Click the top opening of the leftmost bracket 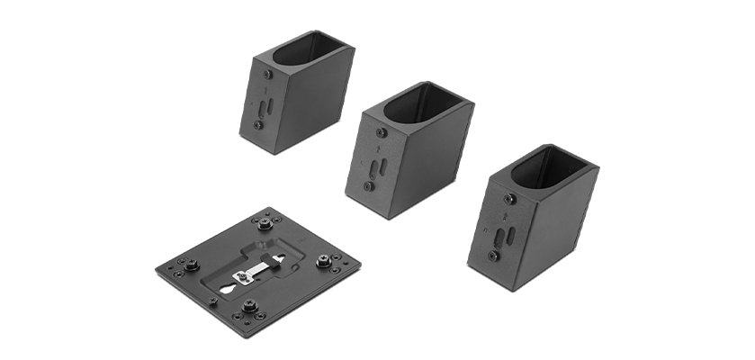tap(307, 49)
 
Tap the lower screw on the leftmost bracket tap(258, 125)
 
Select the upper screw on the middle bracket tap(381, 132)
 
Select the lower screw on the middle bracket tap(369, 186)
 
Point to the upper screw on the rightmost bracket tap(509, 199)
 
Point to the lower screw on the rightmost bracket tap(493, 256)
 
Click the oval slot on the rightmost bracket tap(509, 236)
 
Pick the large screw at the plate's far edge tap(265, 222)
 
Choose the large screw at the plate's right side tap(322, 261)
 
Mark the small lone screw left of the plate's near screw tap(213, 301)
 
